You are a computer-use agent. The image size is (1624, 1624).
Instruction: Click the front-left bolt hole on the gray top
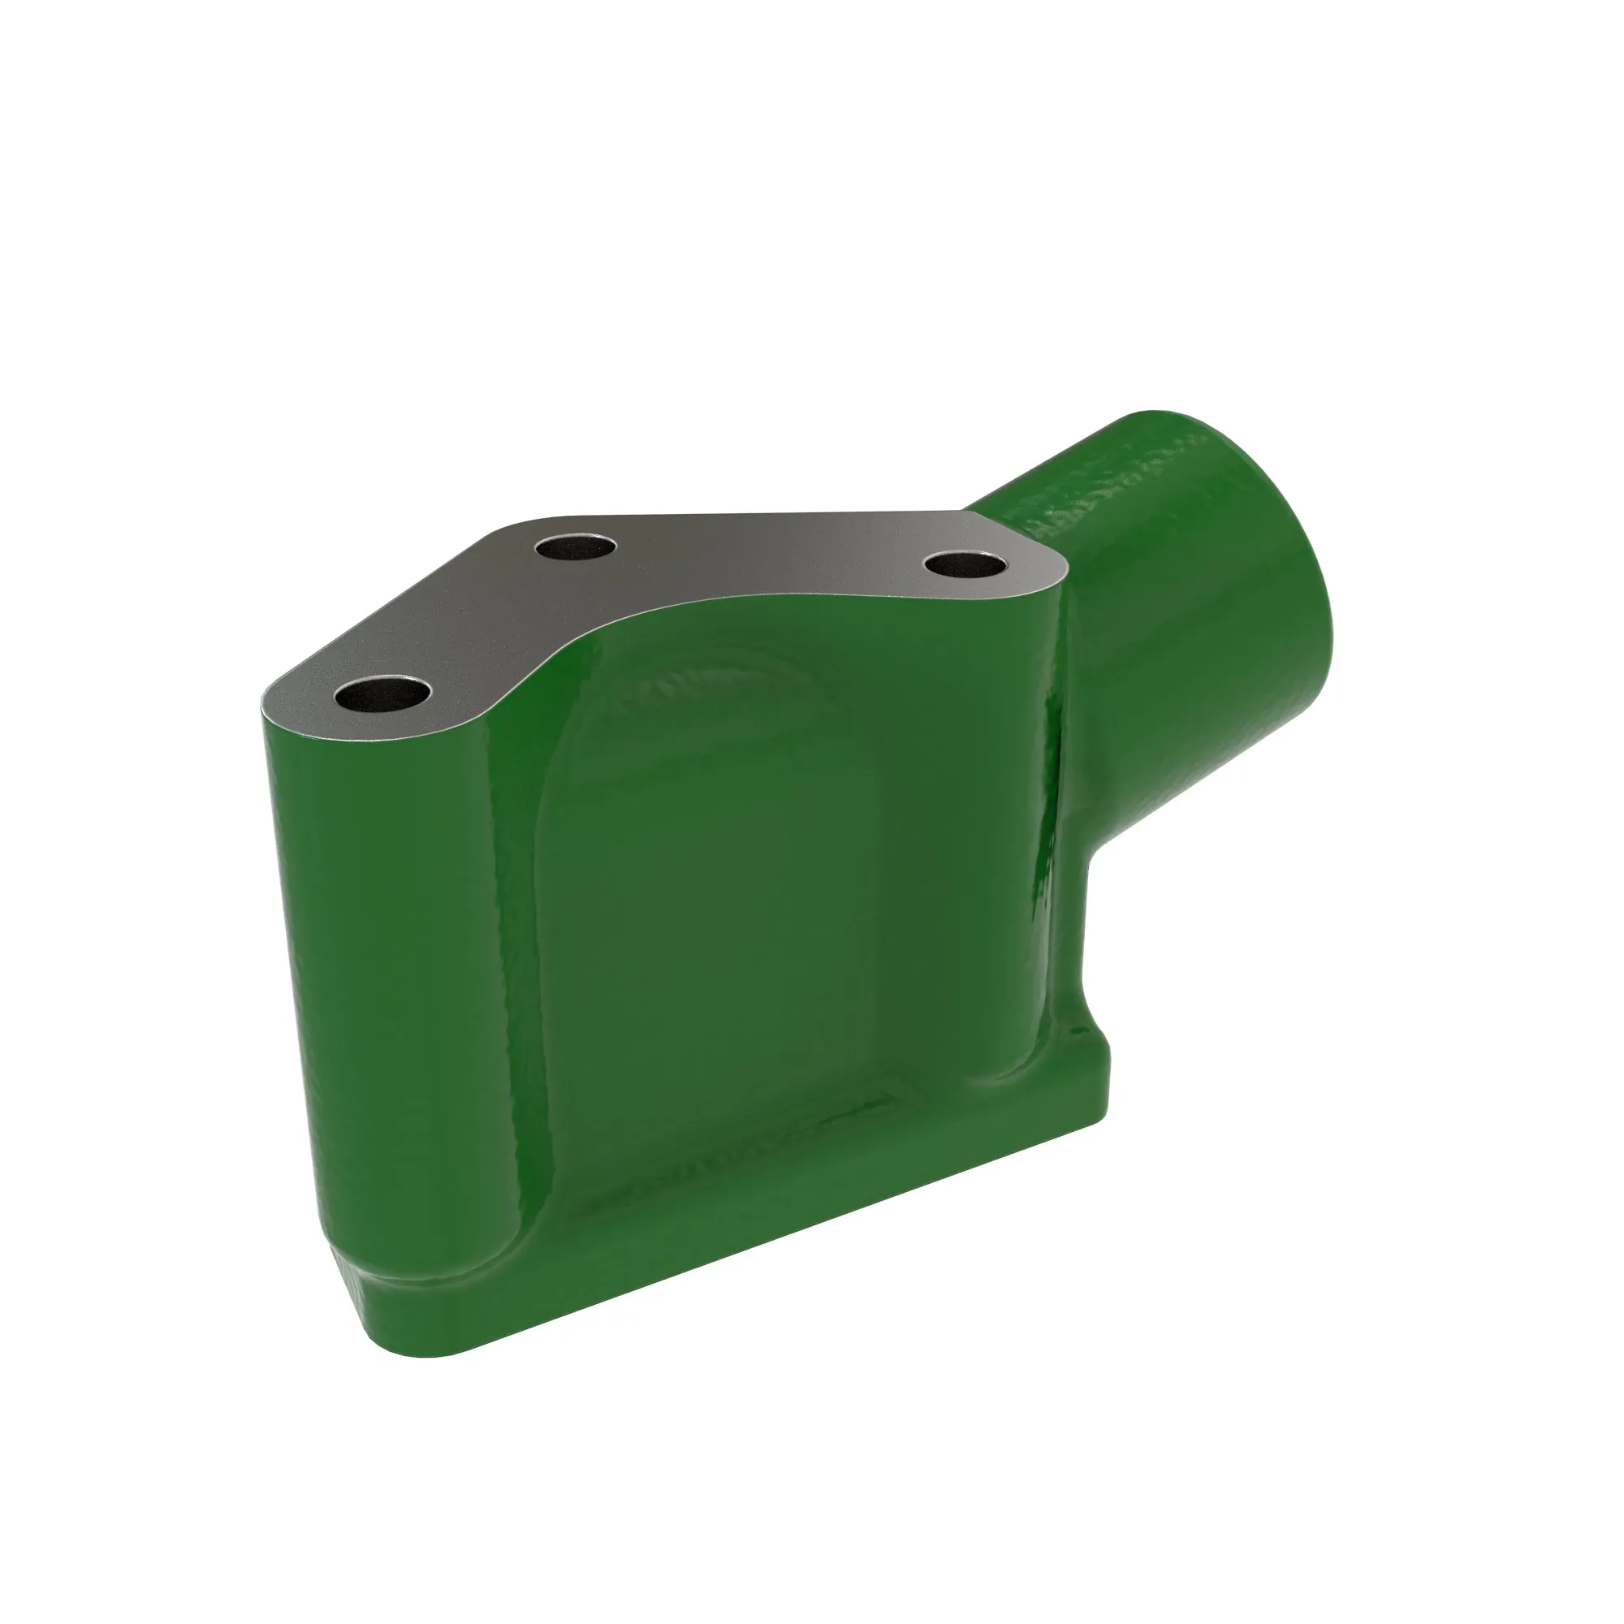382,693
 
